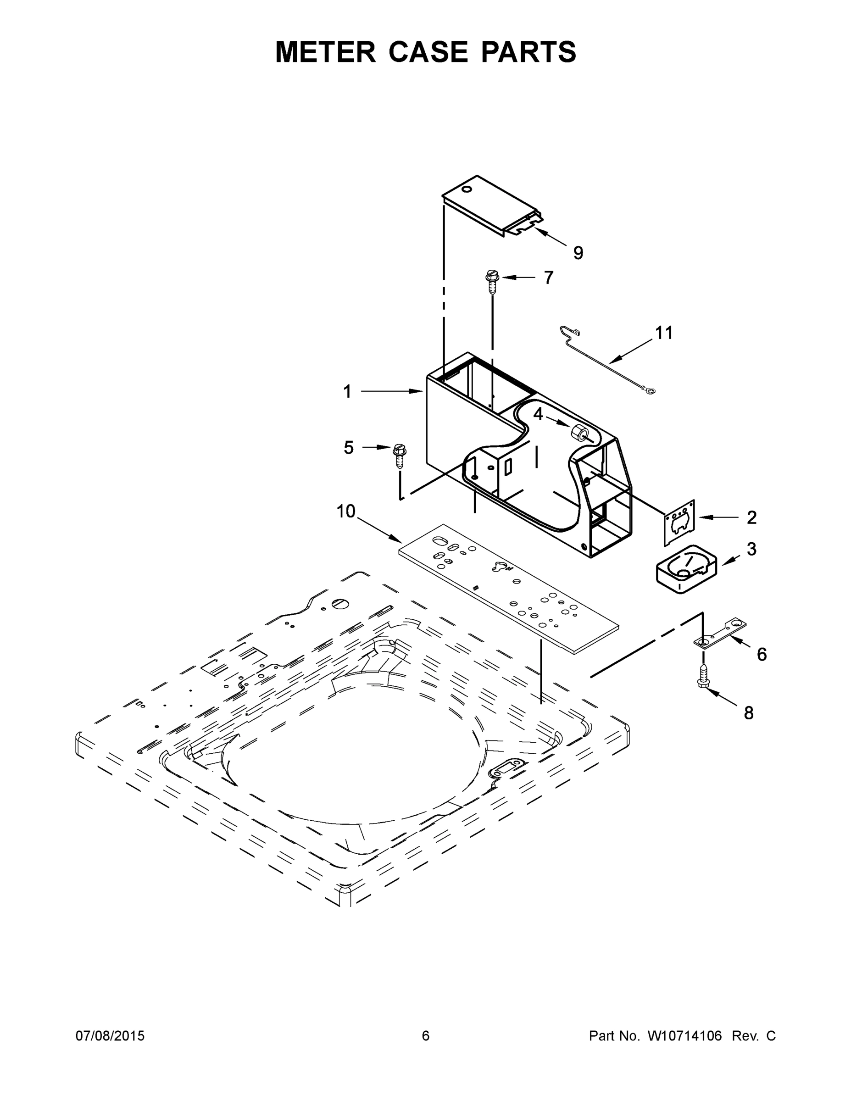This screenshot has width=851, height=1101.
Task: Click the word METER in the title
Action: [x=326, y=51]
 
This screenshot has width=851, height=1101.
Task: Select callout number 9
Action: [x=578, y=253]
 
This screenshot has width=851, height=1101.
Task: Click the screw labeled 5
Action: [x=399, y=456]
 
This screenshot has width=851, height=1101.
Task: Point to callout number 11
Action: [x=664, y=333]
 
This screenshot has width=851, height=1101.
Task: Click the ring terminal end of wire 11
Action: [x=651, y=390]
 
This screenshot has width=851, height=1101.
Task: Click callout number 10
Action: [x=346, y=512]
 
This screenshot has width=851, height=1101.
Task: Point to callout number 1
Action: [x=347, y=392]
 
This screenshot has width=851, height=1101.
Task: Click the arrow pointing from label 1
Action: [x=391, y=391]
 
